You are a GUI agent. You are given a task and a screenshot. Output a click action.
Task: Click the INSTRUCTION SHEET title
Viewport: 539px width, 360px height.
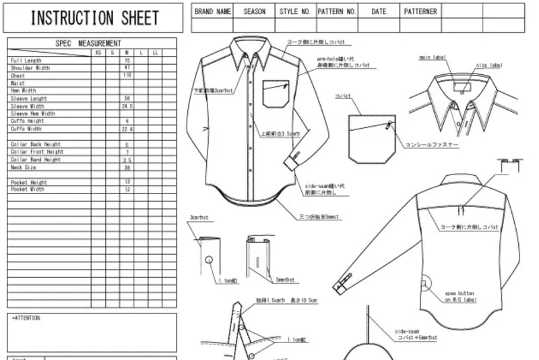click(x=94, y=18)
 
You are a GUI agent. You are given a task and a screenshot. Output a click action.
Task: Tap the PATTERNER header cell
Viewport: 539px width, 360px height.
click(x=420, y=11)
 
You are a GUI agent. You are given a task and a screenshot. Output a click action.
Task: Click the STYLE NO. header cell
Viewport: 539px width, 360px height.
click(x=296, y=11)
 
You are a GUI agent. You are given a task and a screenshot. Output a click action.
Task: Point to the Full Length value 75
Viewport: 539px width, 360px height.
click(x=127, y=61)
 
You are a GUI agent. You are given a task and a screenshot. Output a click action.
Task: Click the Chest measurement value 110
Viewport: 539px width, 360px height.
click(x=127, y=76)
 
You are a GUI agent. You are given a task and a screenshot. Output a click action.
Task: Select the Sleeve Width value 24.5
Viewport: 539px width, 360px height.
click(x=127, y=106)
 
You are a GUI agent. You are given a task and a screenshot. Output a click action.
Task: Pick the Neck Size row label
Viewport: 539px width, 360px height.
click(x=24, y=167)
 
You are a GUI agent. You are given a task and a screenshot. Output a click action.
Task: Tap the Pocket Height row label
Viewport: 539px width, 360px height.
click(x=29, y=183)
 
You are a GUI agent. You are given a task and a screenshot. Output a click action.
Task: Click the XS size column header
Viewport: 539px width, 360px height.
click(x=98, y=53)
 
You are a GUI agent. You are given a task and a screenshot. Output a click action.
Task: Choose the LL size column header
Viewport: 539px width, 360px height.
click(x=155, y=53)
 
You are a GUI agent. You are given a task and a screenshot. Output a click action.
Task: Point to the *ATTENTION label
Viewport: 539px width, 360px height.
click(x=27, y=318)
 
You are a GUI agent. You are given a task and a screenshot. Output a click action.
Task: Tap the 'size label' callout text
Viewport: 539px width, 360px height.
click(x=489, y=65)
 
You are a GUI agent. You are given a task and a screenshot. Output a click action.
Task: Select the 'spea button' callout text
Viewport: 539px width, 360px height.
click(x=459, y=294)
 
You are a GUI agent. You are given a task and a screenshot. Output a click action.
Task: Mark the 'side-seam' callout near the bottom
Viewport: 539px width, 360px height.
click(x=408, y=331)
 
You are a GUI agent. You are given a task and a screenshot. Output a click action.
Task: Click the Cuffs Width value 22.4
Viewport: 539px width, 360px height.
click(x=127, y=129)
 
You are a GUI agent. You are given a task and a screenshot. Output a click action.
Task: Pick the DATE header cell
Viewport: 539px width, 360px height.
click(x=379, y=11)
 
